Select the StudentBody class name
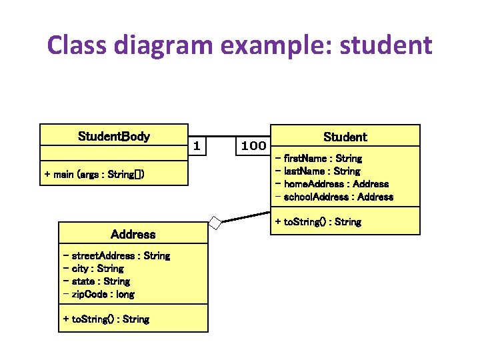coord(114,137)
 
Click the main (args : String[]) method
coord(94,175)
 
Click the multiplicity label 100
coord(253,145)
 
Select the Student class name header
coord(345,137)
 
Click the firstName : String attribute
coord(319,159)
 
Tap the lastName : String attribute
coord(317,171)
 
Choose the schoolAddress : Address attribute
coord(334,197)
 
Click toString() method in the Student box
coord(318,221)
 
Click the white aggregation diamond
coord(215,222)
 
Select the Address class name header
coord(133,234)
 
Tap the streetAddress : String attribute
coord(116,255)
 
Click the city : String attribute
coord(93,268)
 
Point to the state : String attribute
coord(97,281)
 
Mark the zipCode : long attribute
coord(99,294)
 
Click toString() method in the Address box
coord(106,319)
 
